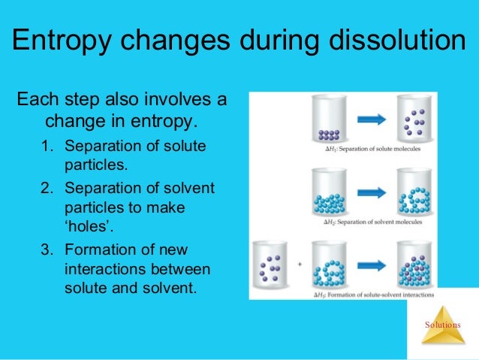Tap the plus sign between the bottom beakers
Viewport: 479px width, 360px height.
(x=299, y=265)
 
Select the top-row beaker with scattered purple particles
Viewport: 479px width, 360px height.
(x=412, y=119)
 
